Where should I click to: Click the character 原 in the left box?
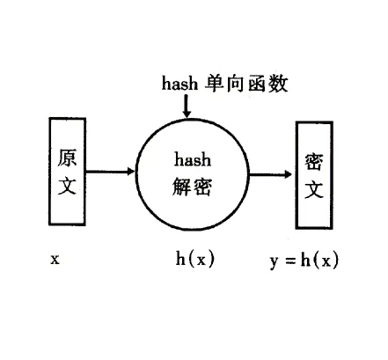pyautogui.click(x=67, y=158)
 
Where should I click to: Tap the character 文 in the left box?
pyautogui.click(x=67, y=185)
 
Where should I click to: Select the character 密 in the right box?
pyautogui.click(x=314, y=162)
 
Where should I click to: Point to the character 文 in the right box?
pyautogui.click(x=314, y=189)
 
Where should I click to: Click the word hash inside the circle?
pyautogui.click(x=193, y=160)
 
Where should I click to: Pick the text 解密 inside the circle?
pyautogui.click(x=192, y=187)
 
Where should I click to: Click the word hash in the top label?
pyautogui.click(x=179, y=83)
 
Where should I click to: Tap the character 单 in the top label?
pyautogui.click(x=215, y=83)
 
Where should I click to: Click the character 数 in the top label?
pyautogui.click(x=278, y=84)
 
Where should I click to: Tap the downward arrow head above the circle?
pyautogui.click(x=187, y=114)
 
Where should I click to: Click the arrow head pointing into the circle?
pyautogui.click(x=130, y=172)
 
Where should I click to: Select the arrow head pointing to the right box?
pyautogui.click(x=288, y=174)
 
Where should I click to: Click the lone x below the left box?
pyautogui.click(x=55, y=260)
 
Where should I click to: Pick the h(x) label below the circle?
pyautogui.click(x=195, y=259)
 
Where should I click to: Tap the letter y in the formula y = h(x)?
pyautogui.click(x=274, y=261)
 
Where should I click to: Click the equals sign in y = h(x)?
pyautogui.click(x=290, y=261)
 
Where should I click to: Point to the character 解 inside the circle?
pyautogui.click(x=182, y=187)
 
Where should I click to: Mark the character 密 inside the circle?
pyautogui.click(x=202, y=187)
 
